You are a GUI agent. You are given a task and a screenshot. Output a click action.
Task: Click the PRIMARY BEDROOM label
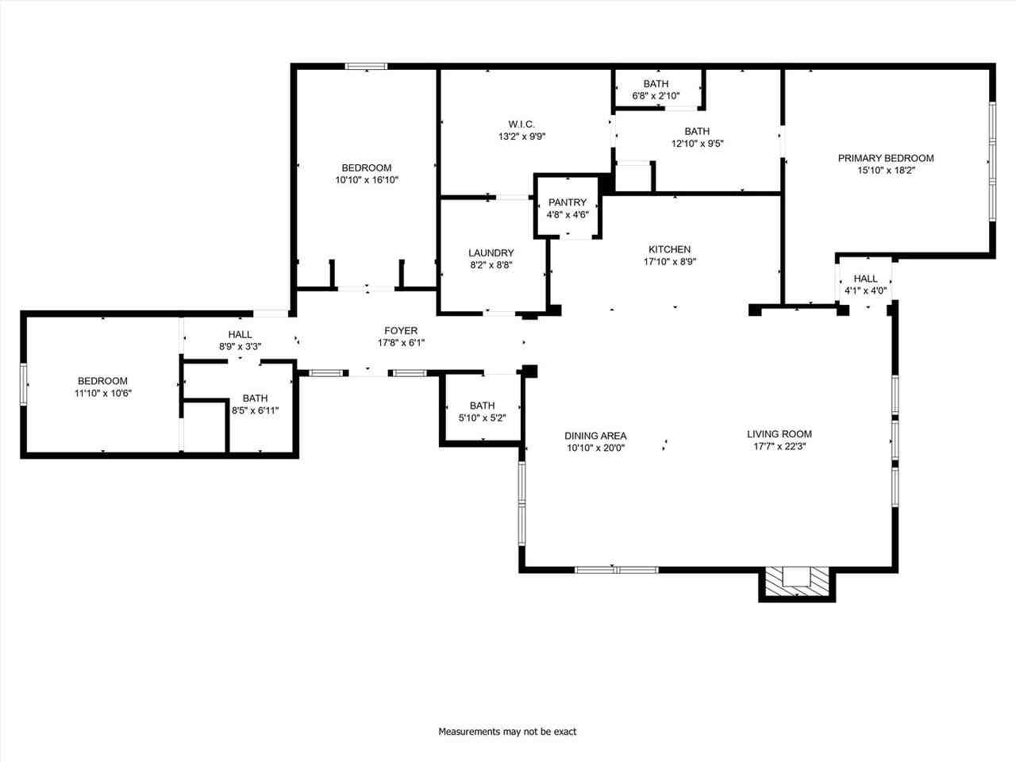point(886,158)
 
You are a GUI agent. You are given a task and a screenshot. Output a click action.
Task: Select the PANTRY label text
point(567,202)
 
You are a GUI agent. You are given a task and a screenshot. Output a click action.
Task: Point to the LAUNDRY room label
point(491,253)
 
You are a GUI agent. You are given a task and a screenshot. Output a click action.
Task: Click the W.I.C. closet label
point(521,124)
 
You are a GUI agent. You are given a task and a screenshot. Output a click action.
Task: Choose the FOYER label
point(401,331)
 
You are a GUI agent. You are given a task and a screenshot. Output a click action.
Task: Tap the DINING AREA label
point(595,436)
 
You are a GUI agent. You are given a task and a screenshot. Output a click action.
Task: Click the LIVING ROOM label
point(779,434)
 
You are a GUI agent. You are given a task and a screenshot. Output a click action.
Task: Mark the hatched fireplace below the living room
point(796,583)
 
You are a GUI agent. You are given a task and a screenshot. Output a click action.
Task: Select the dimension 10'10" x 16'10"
point(366,180)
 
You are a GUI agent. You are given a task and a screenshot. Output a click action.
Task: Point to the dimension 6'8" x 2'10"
point(656,96)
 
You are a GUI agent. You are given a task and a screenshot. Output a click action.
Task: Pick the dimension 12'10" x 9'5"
point(697,144)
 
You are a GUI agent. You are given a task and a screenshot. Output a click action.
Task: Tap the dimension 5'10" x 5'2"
point(482,418)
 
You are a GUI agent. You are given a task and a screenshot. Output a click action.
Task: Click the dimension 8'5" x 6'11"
point(255,410)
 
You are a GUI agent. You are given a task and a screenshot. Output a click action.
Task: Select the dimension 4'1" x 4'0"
point(865,291)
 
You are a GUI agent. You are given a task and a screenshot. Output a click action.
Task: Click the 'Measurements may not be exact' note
point(507,731)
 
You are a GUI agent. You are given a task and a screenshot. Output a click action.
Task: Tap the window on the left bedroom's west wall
point(24,384)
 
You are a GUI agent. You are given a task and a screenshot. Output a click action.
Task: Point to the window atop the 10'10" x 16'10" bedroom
point(366,67)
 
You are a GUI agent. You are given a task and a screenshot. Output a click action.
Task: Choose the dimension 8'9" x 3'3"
point(240,347)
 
